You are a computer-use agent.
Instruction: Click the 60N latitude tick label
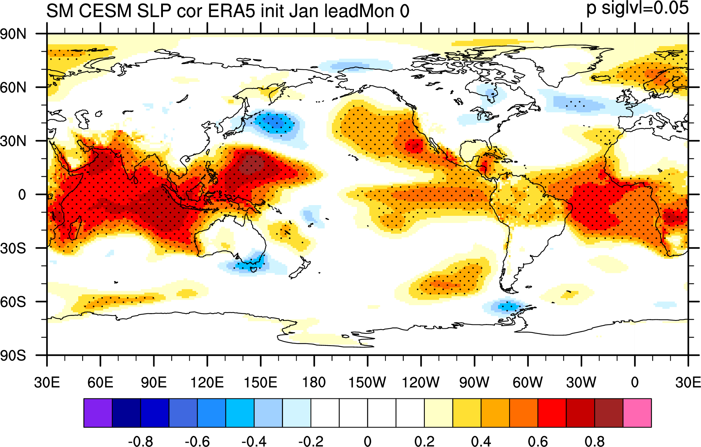[x=13, y=88]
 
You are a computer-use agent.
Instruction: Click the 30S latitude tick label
[x=13, y=248]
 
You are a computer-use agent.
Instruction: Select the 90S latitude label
[x=13, y=356]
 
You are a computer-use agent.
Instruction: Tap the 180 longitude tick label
[x=314, y=382]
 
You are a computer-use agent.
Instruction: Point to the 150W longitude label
[x=367, y=382]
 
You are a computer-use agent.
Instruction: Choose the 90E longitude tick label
[x=154, y=382]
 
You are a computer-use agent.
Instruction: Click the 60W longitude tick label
[x=528, y=382]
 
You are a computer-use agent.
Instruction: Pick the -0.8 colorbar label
[x=140, y=442]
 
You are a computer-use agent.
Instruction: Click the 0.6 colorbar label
[x=538, y=442]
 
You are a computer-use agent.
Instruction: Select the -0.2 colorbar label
[x=311, y=442]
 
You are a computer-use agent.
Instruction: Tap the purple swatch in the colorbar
[x=98, y=413]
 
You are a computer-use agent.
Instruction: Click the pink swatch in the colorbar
[x=637, y=413]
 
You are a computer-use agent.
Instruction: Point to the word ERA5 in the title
[x=232, y=11]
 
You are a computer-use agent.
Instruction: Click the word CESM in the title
[x=105, y=11]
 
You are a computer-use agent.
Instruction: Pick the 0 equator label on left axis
[x=22, y=195]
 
